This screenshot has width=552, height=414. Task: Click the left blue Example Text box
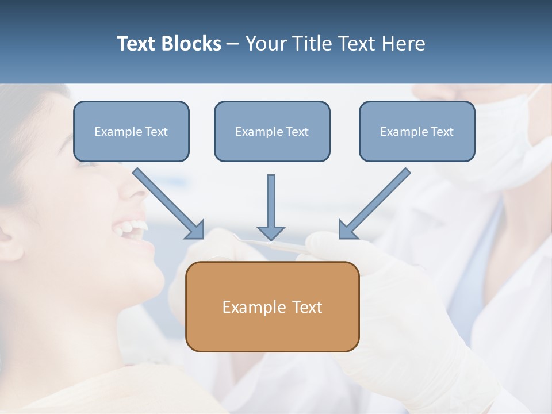click(x=131, y=131)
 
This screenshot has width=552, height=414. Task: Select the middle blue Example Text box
click(x=272, y=131)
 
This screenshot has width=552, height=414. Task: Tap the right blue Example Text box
click(x=417, y=131)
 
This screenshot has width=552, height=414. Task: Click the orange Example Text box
click(x=272, y=306)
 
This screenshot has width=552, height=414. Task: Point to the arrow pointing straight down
click(x=271, y=207)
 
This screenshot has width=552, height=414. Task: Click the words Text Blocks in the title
click(x=168, y=44)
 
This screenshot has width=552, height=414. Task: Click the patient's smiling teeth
click(x=129, y=227)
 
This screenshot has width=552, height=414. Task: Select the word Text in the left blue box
click(x=156, y=131)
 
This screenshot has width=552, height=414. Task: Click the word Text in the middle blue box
click(x=297, y=131)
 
